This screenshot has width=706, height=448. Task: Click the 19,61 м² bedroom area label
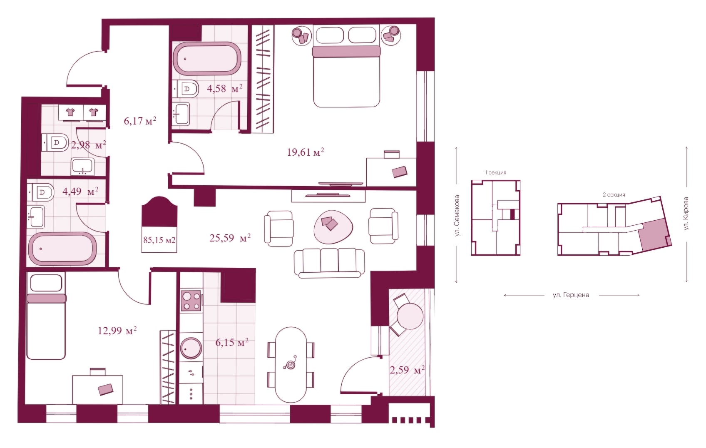(x=306, y=152)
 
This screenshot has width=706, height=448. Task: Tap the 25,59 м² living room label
(x=230, y=238)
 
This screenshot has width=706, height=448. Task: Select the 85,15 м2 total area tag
(x=159, y=240)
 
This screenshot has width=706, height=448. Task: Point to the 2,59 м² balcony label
(x=407, y=369)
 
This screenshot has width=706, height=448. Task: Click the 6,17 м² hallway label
(x=140, y=121)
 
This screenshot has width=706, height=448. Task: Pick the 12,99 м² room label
(x=117, y=331)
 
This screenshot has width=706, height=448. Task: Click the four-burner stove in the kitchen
(x=191, y=301)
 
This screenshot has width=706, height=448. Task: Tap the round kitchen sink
(x=191, y=348)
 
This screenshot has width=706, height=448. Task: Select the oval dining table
(x=291, y=365)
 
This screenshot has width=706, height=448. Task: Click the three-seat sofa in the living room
(x=329, y=263)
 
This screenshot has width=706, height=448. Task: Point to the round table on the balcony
(x=410, y=316)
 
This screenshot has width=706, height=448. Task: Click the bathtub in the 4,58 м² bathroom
(x=207, y=59)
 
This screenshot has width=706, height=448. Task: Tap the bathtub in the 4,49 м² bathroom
(x=62, y=249)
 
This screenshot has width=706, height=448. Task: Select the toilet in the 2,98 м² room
(x=55, y=142)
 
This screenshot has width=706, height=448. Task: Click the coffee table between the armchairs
(x=333, y=226)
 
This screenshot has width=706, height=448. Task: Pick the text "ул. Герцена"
(x=571, y=295)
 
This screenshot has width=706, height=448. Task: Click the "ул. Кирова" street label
(x=686, y=214)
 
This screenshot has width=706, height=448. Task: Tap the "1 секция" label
(x=495, y=172)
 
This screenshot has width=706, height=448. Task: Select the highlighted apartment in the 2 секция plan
(x=654, y=235)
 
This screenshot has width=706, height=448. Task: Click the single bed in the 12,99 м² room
(x=46, y=316)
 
